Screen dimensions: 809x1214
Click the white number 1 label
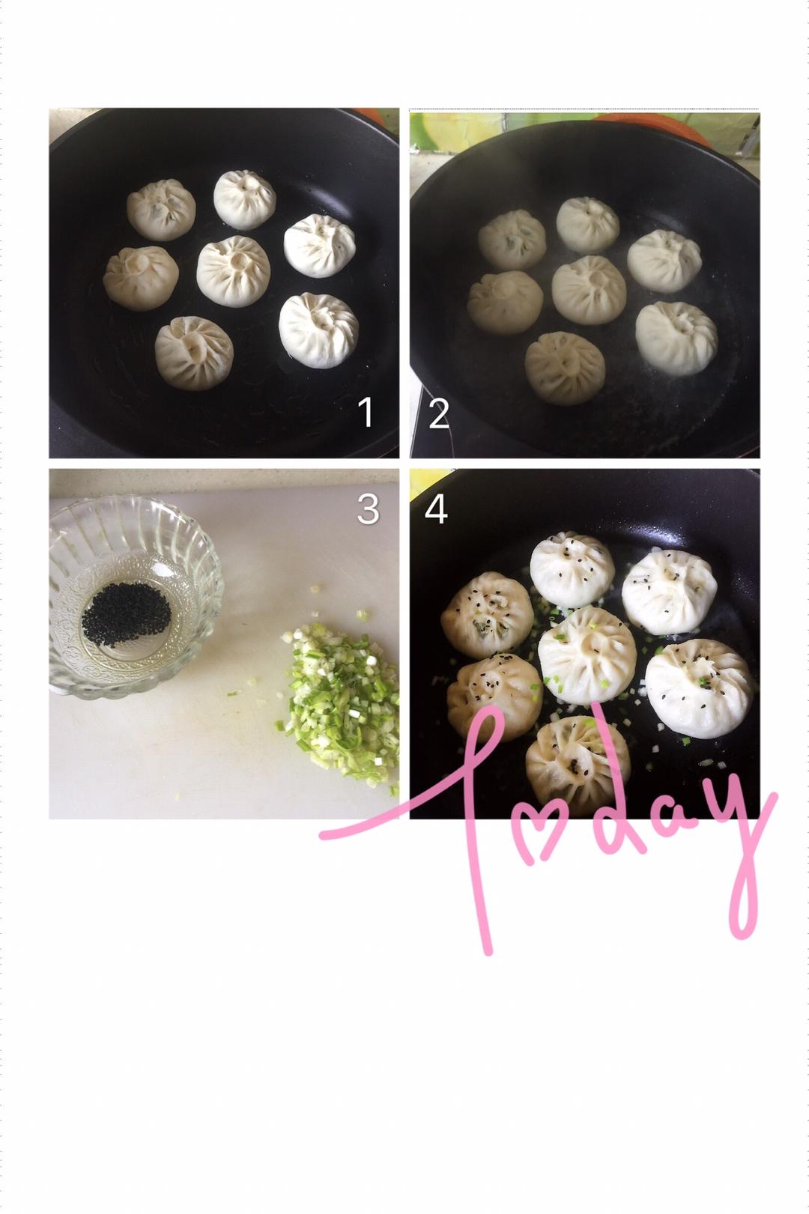coord(366,412)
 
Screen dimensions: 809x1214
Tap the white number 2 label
coord(438,413)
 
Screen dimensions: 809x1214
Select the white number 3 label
coord(369,509)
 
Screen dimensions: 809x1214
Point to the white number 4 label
coord(437,509)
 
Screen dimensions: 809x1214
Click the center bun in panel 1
coord(233,272)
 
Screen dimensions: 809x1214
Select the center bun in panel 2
coord(589,290)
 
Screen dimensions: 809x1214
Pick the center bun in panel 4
coord(587,655)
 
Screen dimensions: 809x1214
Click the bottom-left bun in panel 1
coord(194,353)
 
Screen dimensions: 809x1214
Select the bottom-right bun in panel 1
coord(319,330)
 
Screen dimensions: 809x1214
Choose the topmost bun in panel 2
coord(588,225)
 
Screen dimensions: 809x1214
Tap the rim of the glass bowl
coord(136,504)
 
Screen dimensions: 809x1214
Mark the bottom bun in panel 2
coord(565,368)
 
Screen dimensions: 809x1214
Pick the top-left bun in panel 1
coord(162,210)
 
